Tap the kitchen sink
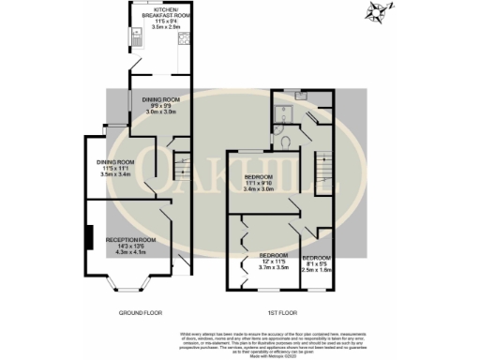click(x=137, y=38)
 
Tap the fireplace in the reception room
click(x=89, y=239)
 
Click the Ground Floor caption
click(x=140, y=311)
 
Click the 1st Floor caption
click(x=280, y=311)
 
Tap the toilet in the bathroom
click(x=284, y=141)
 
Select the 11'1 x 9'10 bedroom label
click(x=259, y=182)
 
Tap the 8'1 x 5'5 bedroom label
click(x=316, y=263)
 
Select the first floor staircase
click(x=323, y=169)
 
